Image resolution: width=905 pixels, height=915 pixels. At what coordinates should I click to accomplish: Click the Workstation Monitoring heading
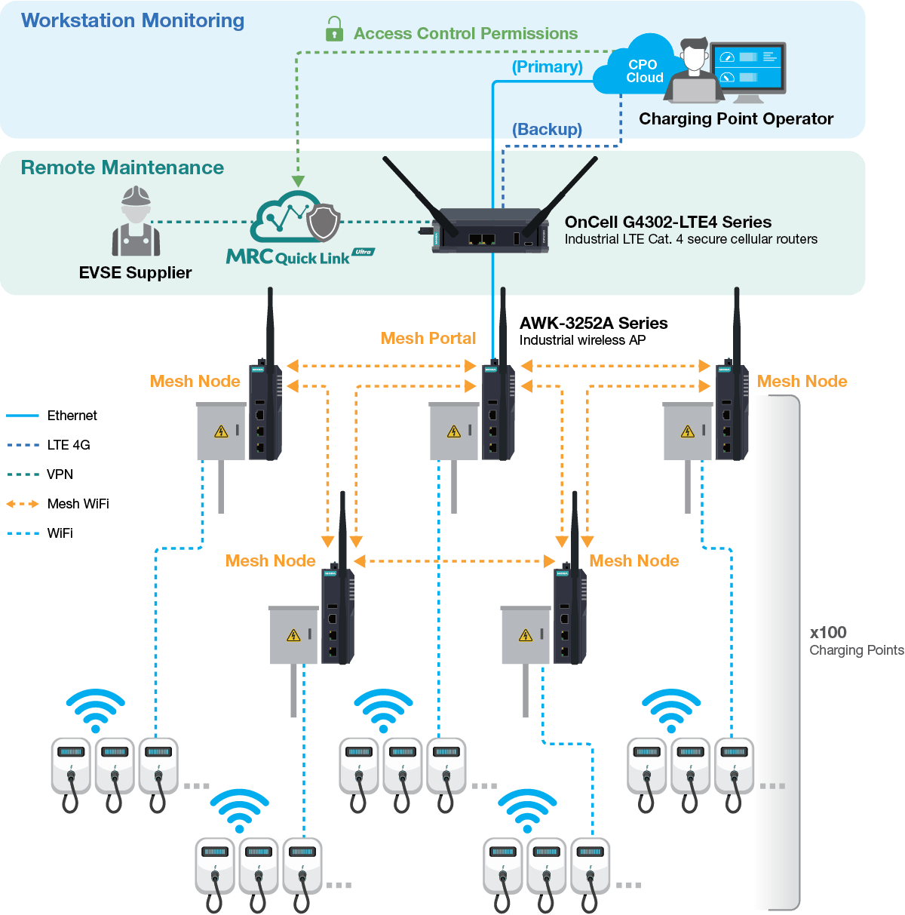pos(133,20)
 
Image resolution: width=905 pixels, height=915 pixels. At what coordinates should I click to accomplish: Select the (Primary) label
pos(547,66)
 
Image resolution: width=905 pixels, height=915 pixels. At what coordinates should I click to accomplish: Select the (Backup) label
pos(547,129)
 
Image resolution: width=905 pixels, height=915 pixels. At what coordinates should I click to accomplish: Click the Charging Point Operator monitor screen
pos(747,67)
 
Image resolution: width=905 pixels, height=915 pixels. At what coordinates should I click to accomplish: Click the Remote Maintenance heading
pos(122,167)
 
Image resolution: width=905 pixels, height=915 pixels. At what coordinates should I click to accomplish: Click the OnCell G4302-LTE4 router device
pos(490,231)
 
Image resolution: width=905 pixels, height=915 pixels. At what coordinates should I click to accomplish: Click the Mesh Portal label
pos(428,338)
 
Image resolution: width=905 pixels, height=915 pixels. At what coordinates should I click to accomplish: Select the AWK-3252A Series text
pos(594,323)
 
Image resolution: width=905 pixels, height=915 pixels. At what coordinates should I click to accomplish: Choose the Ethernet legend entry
pos(72,416)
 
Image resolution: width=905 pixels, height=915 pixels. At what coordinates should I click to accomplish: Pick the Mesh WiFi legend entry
pos(78,504)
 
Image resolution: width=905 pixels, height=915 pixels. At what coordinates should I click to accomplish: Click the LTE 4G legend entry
pos(68,445)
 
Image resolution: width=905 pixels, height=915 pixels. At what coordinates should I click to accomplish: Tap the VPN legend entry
pos(60,474)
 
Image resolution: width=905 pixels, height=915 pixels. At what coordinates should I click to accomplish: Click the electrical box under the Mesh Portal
pos(453,431)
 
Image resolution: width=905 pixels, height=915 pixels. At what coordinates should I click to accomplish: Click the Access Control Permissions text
pos(465,33)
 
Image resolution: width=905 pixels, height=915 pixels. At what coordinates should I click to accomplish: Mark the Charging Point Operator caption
pos(735,118)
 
